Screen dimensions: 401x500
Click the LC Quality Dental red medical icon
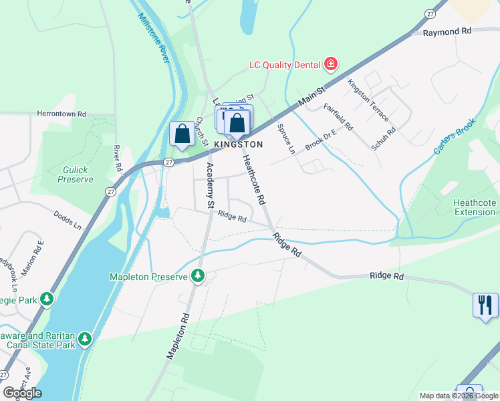click(x=330, y=65)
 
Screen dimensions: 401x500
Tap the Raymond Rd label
click(x=447, y=31)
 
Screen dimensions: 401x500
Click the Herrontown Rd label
click(x=61, y=114)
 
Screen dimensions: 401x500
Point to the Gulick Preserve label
click(x=75, y=174)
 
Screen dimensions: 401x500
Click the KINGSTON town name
click(x=239, y=144)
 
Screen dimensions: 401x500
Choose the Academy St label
click(x=210, y=184)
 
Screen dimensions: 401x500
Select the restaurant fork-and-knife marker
click(x=485, y=305)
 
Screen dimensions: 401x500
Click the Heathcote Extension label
click(x=474, y=207)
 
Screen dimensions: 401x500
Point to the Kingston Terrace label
click(x=368, y=100)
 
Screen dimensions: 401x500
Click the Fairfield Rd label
click(x=338, y=116)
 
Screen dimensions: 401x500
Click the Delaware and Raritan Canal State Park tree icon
click(x=85, y=340)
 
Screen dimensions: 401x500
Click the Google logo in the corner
click(x=22, y=393)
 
